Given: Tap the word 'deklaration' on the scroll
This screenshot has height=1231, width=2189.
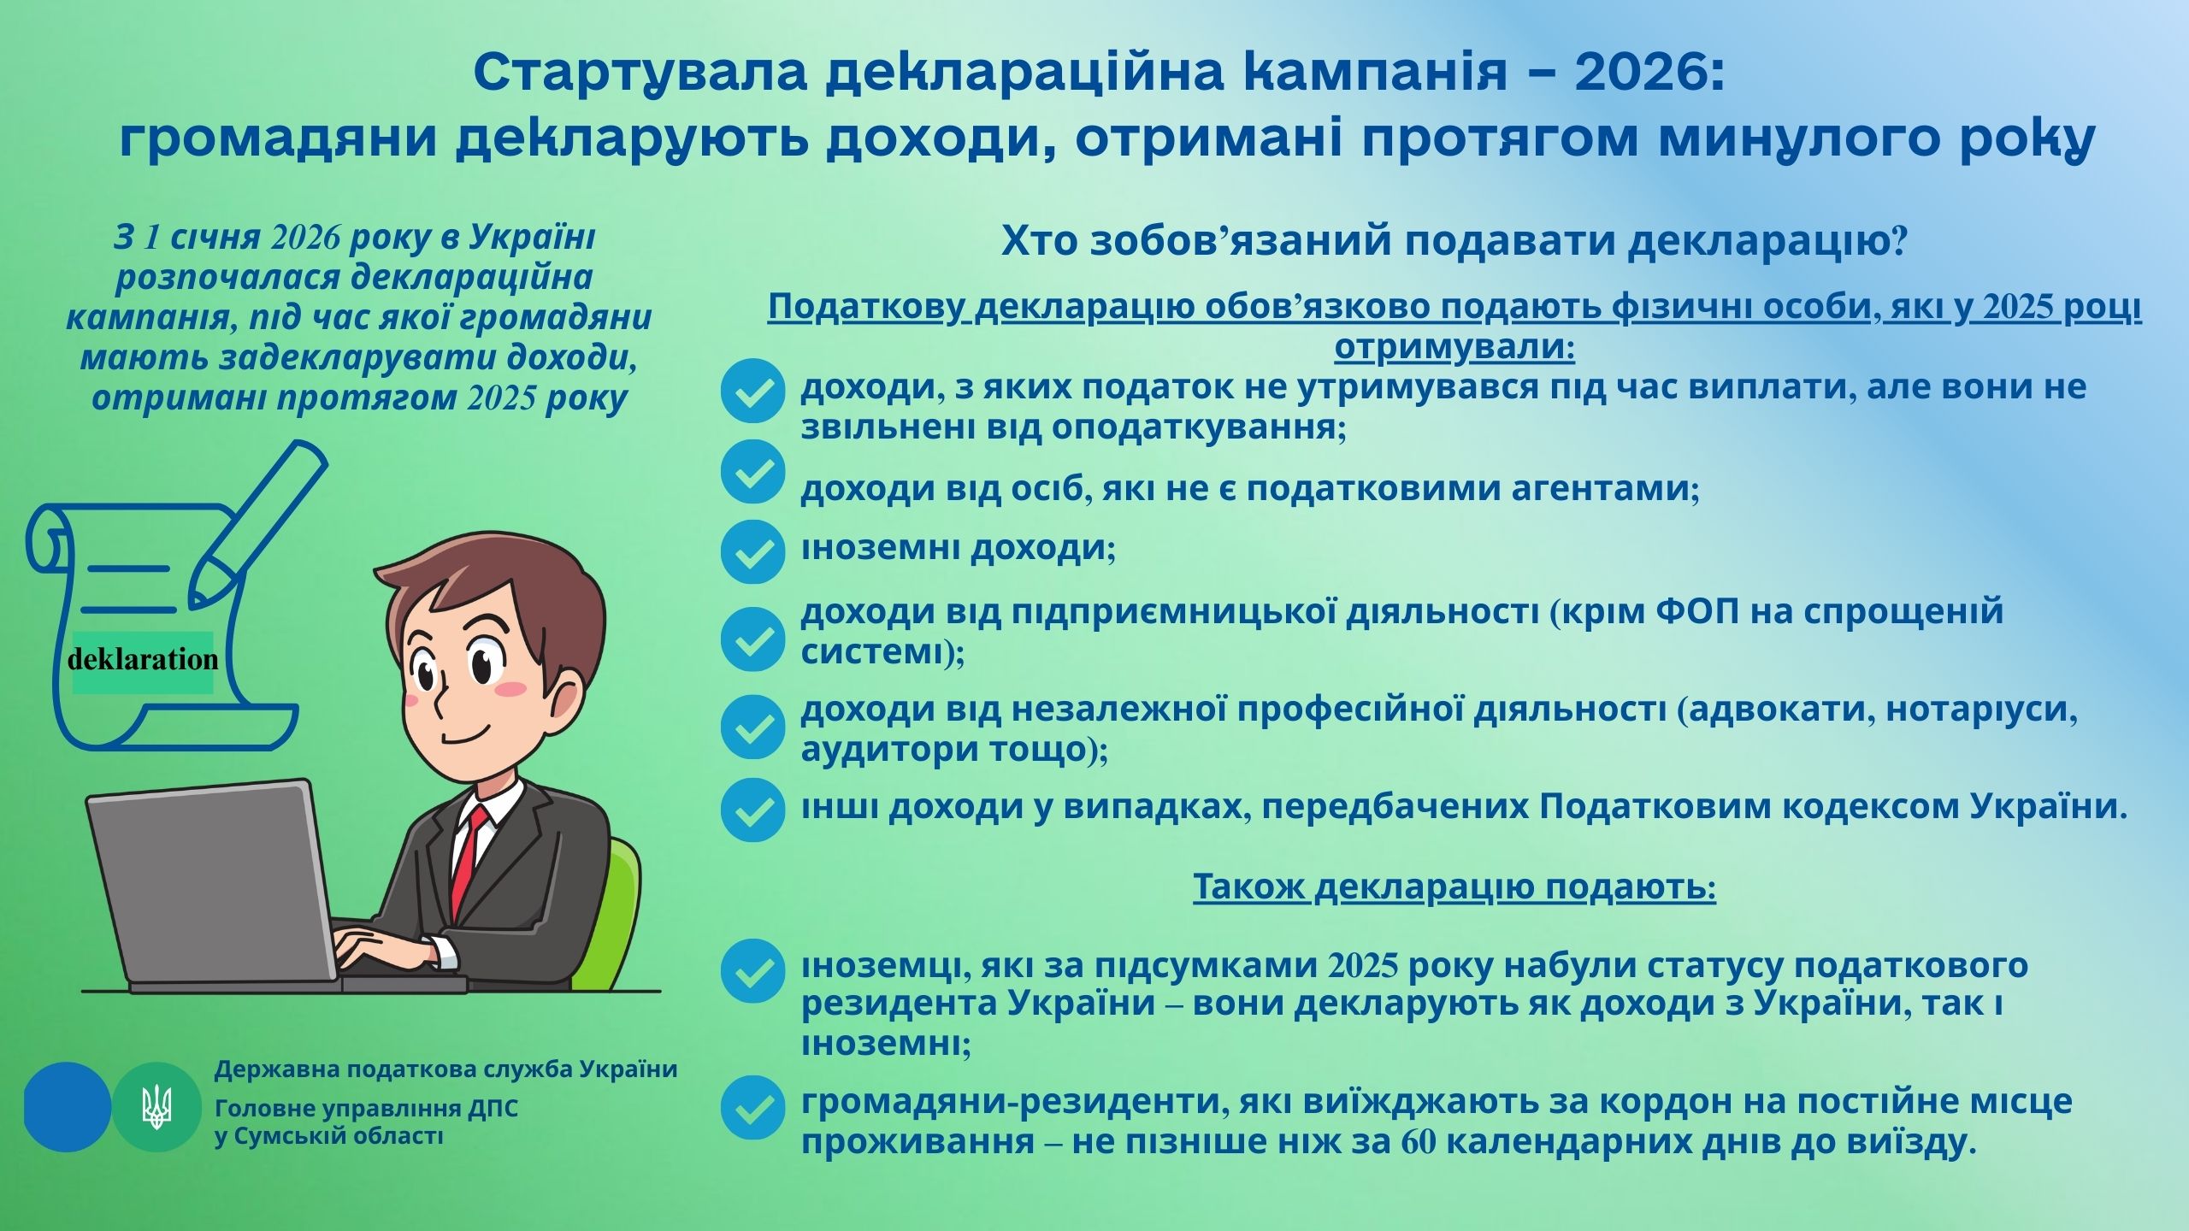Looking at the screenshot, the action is click(x=143, y=659).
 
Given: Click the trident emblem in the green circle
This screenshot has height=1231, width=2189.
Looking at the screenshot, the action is click(x=156, y=1107).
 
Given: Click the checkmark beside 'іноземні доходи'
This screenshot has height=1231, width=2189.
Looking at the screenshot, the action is click(x=752, y=552).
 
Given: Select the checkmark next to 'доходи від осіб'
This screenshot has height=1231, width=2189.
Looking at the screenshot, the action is click(x=752, y=472).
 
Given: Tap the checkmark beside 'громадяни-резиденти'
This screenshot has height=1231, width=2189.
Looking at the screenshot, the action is click(x=752, y=1108).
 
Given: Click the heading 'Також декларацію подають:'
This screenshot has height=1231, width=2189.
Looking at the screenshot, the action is click(x=1454, y=887).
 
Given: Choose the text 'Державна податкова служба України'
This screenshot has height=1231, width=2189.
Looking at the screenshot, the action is click(x=445, y=1069).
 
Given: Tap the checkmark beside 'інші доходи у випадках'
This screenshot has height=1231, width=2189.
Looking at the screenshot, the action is click(x=752, y=809).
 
